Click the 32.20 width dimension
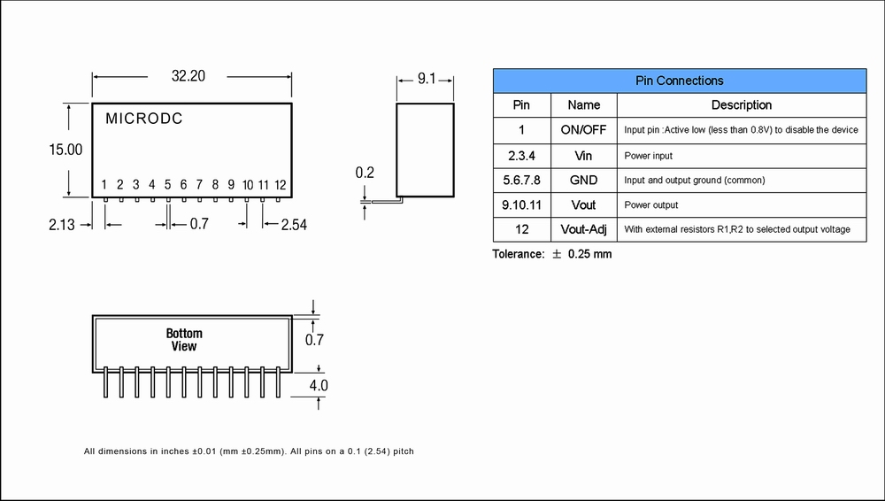coord(188,77)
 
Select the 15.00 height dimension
coord(65,150)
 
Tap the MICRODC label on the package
coord(144,119)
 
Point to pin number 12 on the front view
coord(280,185)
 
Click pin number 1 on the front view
coord(104,185)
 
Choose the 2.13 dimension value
coord(62,225)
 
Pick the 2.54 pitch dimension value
coord(294,225)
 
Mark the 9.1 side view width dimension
coord(427,80)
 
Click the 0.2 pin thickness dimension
coord(365,173)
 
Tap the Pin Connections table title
coord(679,81)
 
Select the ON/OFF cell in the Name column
coord(583,130)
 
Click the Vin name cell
coord(583,156)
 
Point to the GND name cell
coord(583,181)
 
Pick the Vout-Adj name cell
coord(583,230)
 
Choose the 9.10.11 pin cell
coord(522,205)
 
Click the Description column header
coord(741,105)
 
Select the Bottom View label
coord(184,340)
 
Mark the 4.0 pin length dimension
coord(317,386)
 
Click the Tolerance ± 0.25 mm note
coord(552,255)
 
